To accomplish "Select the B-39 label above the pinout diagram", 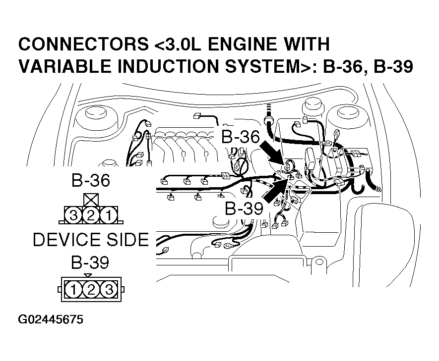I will [x=90, y=262].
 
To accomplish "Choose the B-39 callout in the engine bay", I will [x=243, y=208].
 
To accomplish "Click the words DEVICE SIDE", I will [x=90, y=240].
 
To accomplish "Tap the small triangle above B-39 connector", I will [x=88, y=275].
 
